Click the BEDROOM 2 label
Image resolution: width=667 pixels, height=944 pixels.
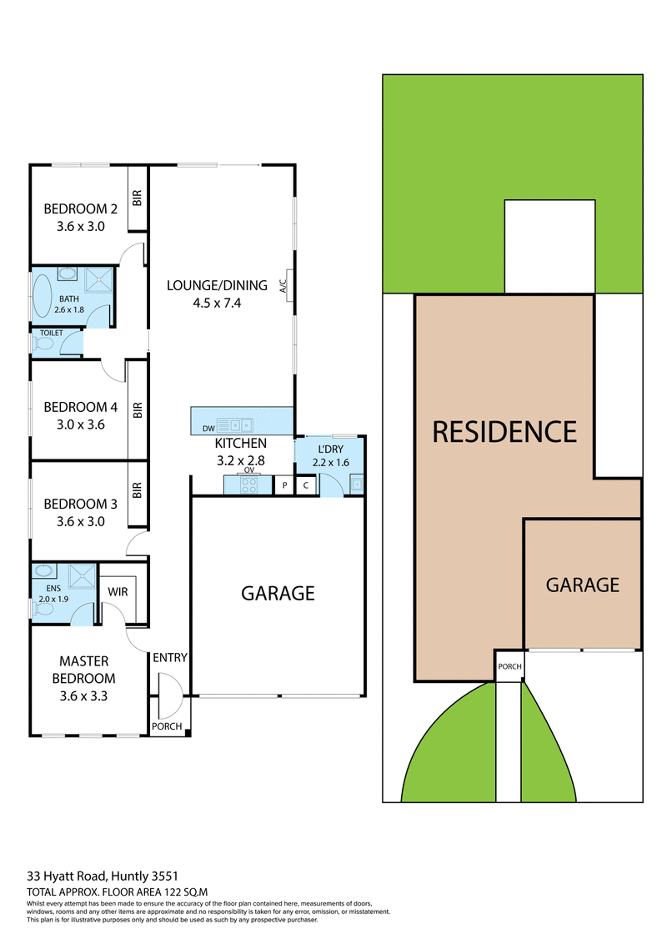(80, 209)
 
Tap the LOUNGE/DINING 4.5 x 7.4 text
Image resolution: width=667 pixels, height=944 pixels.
(217, 294)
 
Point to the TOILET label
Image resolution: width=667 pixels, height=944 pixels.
(52, 333)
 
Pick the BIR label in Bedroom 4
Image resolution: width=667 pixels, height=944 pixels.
(138, 409)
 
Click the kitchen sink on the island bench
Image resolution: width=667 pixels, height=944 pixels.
(233, 423)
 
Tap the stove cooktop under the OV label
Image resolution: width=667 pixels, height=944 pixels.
(248, 485)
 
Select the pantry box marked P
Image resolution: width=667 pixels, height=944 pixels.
(284, 485)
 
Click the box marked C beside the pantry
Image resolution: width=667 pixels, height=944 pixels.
(306, 485)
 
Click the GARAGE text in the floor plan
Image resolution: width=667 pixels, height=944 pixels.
(278, 593)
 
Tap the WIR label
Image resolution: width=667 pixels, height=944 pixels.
(117, 592)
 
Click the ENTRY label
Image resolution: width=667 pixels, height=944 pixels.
(170, 658)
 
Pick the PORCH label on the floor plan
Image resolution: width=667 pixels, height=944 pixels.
(167, 726)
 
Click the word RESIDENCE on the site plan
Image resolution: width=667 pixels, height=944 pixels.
(504, 431)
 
